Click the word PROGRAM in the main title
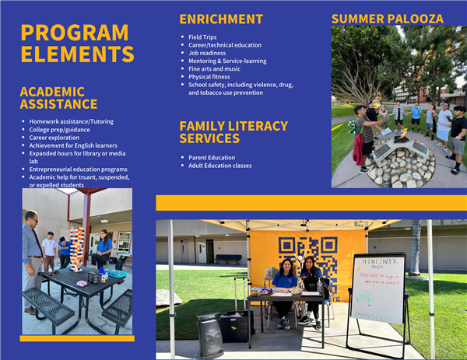click(75, 33)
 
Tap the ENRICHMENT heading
click(221, 19)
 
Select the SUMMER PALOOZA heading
click(388, 18)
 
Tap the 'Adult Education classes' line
click(220, 166)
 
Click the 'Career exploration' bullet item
click(59, 138)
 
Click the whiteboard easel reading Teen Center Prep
click(377, 288)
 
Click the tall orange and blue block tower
click(76, 247)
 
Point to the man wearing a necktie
click(31, 257)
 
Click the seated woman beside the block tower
click(102, 250)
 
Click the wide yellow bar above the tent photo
click(311, 203)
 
